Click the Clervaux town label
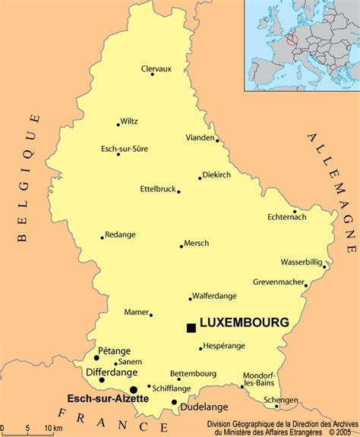(156, 68)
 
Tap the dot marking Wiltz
(118, 124)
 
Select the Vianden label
(201, 137)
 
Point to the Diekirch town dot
(201, 178)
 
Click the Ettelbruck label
(158, 187)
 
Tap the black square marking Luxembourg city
(191, 328)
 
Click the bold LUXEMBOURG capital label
(244, 322)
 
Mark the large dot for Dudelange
(175, 402)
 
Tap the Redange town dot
(103, 237)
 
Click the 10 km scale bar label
(52, 429)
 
